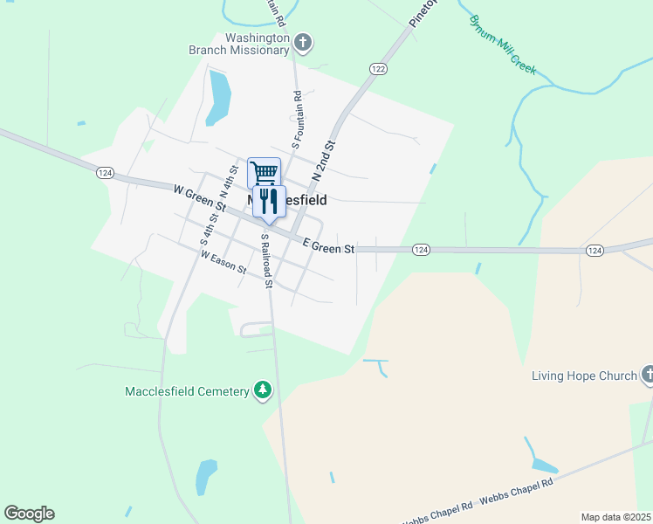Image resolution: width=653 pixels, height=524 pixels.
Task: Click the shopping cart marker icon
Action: click(264, 171)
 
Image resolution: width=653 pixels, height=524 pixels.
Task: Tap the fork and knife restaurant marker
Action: click(269, 201)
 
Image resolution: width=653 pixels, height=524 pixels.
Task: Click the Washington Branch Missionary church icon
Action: click(303, 42)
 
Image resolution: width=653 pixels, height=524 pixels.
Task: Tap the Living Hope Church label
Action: click(585, 376)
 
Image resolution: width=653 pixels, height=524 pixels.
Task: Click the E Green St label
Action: click(328, 248)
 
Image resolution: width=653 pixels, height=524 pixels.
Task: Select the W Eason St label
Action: click(223, 261)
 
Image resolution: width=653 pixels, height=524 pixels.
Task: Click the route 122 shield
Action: click(378, 68)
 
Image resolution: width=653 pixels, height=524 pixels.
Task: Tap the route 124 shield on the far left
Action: click(104, 173)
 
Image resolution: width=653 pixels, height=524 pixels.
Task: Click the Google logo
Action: click(29, 514)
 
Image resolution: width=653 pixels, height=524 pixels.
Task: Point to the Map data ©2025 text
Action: click(615, 517)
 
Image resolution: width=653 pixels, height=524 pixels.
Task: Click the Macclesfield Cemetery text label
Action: click(186, 391)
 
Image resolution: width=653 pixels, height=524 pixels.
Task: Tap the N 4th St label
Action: click(228, 183)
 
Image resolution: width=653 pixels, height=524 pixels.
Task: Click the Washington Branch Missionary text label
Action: click(239, 44)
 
